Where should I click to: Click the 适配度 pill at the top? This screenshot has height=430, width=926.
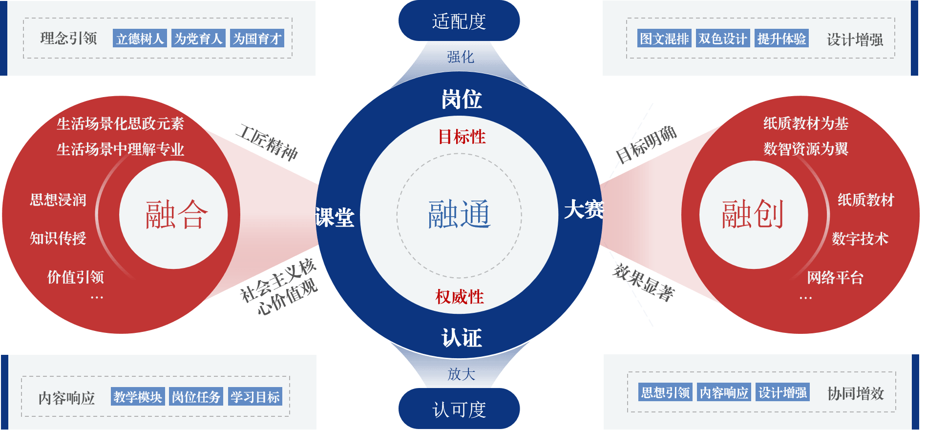[459, 21]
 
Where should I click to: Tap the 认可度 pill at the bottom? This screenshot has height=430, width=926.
[459, 409]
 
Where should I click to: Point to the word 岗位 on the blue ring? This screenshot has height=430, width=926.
[462, 100]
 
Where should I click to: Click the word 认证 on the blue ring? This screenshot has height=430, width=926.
[462, 338]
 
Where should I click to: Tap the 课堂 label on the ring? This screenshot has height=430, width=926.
[335, 217]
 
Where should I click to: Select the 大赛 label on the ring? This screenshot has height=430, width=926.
[584, 210]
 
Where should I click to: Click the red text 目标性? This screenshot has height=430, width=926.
[462, 137]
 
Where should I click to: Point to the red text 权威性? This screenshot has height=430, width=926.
[460, 296]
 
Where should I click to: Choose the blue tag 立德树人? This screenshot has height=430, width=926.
[140, 39]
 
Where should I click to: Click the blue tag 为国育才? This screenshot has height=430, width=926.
[257, 39]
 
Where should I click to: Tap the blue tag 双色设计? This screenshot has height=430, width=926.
[722, 39]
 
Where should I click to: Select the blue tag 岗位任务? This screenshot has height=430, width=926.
[196, 397]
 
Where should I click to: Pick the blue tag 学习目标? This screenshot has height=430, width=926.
[255, 397]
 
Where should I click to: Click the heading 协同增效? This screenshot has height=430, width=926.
[856, 393]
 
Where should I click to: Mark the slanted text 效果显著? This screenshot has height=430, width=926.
[644, 283]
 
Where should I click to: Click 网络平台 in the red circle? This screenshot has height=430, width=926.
[835, 278]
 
